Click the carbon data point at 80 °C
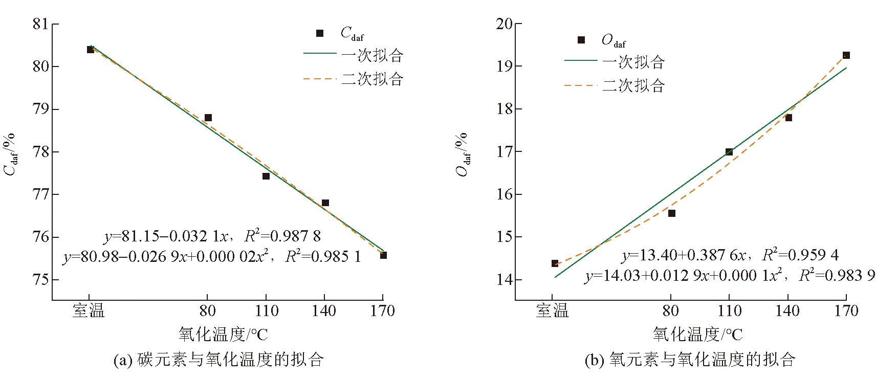208,118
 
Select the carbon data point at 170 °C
383,255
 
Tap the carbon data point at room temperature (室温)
91,50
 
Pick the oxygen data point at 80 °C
672,213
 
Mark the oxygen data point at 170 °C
846,55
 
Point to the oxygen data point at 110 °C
729,152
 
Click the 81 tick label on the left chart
40,24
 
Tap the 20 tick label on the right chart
504,24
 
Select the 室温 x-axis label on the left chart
89,310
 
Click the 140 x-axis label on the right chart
787,310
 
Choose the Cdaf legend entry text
352,34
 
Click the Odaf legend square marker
581,40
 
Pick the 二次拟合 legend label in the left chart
373,79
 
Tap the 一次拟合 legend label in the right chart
633,62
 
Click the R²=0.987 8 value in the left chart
282,236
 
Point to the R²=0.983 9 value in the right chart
837,275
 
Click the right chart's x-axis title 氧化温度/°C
697,335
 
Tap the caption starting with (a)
218,360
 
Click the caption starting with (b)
690,360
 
